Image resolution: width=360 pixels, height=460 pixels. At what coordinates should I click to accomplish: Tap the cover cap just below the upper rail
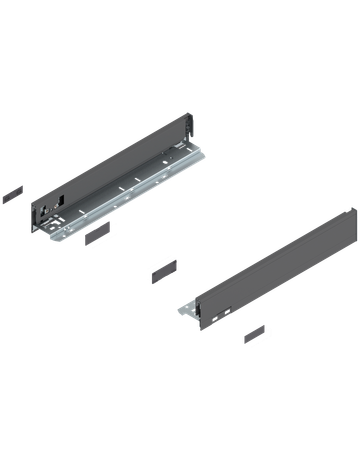tap(98, 238)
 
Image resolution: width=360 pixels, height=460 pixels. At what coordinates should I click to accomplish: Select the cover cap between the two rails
tap(160, 270)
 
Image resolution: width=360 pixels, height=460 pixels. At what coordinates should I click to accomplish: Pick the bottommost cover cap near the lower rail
tap(258, 333)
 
